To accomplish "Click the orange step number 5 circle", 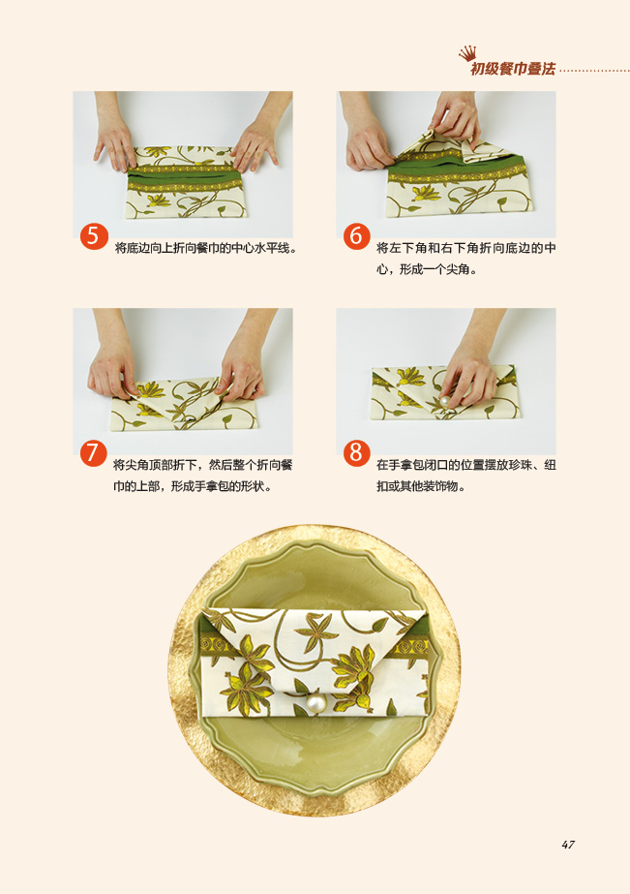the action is pos(94,235).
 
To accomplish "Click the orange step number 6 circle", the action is pos(356,235).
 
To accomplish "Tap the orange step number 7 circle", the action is pos(94,452).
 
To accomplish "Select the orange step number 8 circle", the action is pos(356,452).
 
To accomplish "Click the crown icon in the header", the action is pos(467,54).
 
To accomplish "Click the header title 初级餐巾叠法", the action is pos(513,69).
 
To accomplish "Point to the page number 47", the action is pos(568,845).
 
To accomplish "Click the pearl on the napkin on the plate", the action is pos(315,703).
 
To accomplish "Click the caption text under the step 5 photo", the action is pos(205,248).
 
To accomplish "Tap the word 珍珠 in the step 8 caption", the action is pos(526,465).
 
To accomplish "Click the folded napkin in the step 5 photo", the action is pos(187,181).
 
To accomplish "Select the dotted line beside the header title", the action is pos(595,72).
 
